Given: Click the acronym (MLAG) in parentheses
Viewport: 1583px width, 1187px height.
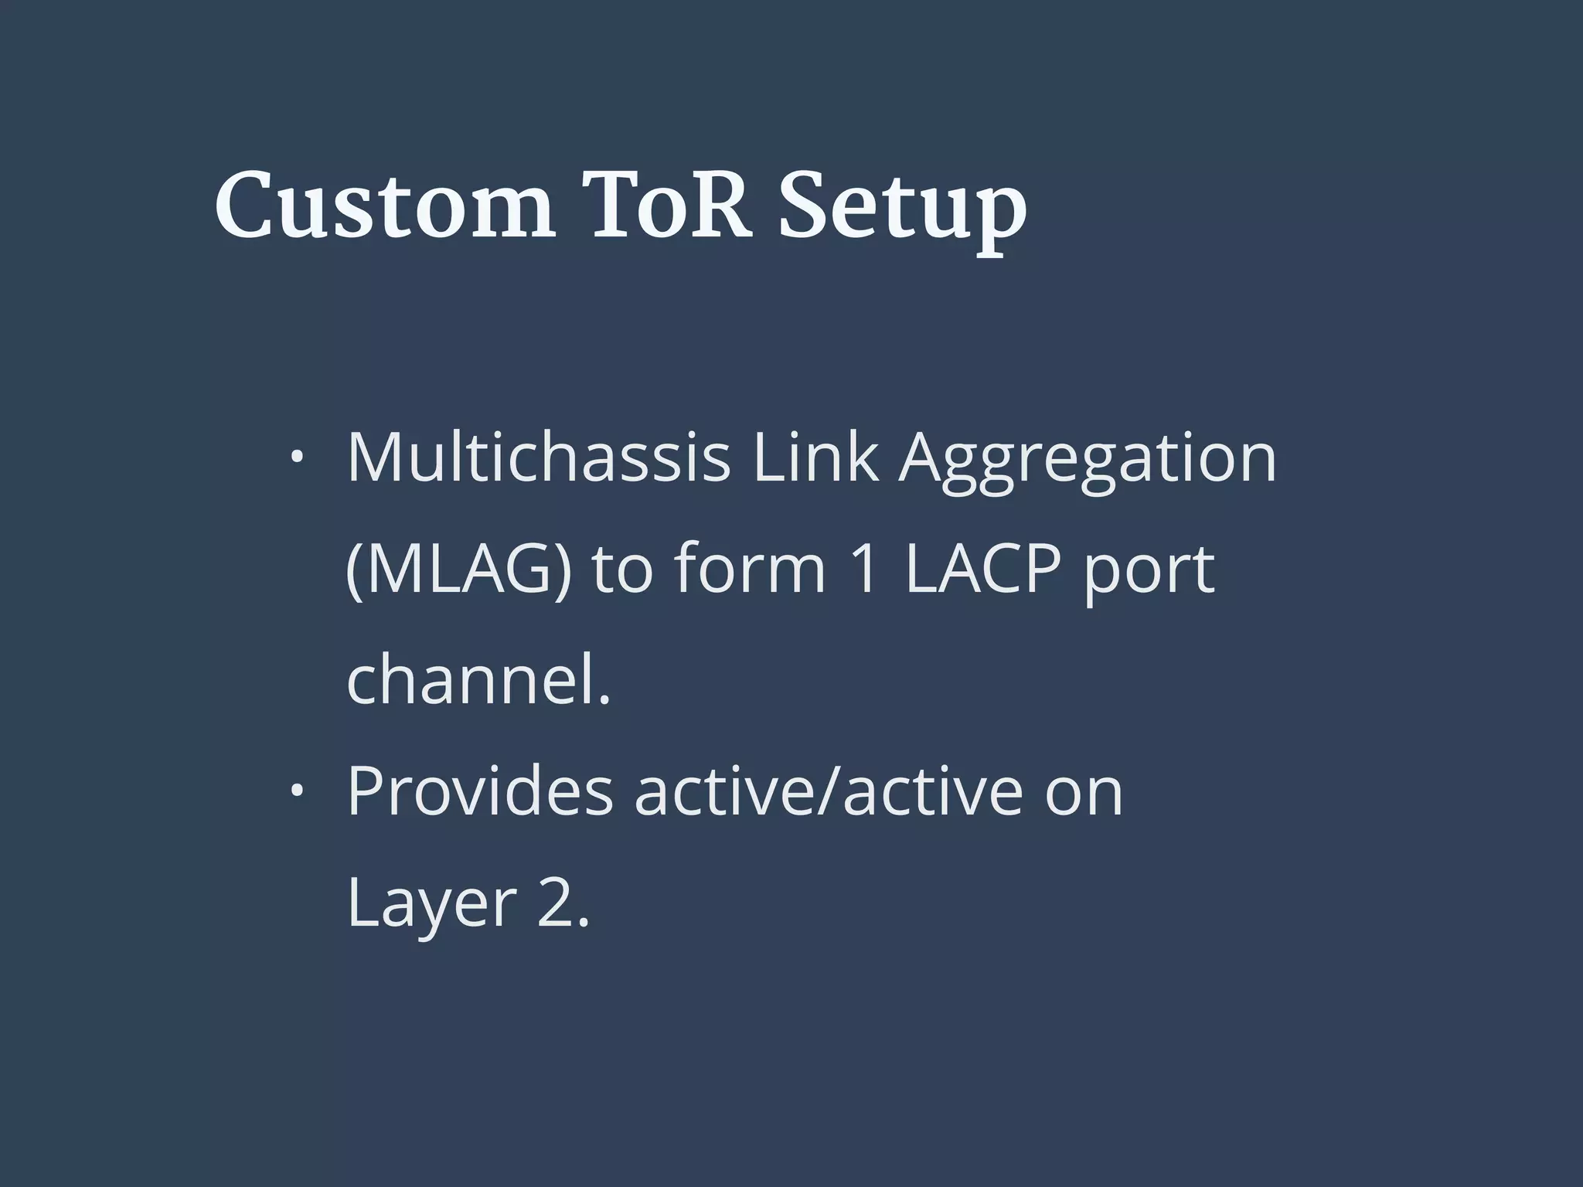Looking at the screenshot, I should (x=459, y=571).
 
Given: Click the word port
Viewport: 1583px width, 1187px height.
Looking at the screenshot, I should (x=1149, y=576).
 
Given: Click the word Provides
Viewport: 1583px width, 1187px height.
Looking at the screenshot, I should (x=479, y=791).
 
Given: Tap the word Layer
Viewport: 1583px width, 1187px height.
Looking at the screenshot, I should (x=431, y=906).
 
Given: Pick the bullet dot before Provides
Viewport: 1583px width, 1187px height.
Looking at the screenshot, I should (x=295, y=791).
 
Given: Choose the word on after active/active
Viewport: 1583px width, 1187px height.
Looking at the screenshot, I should (x=1084, y=796).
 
